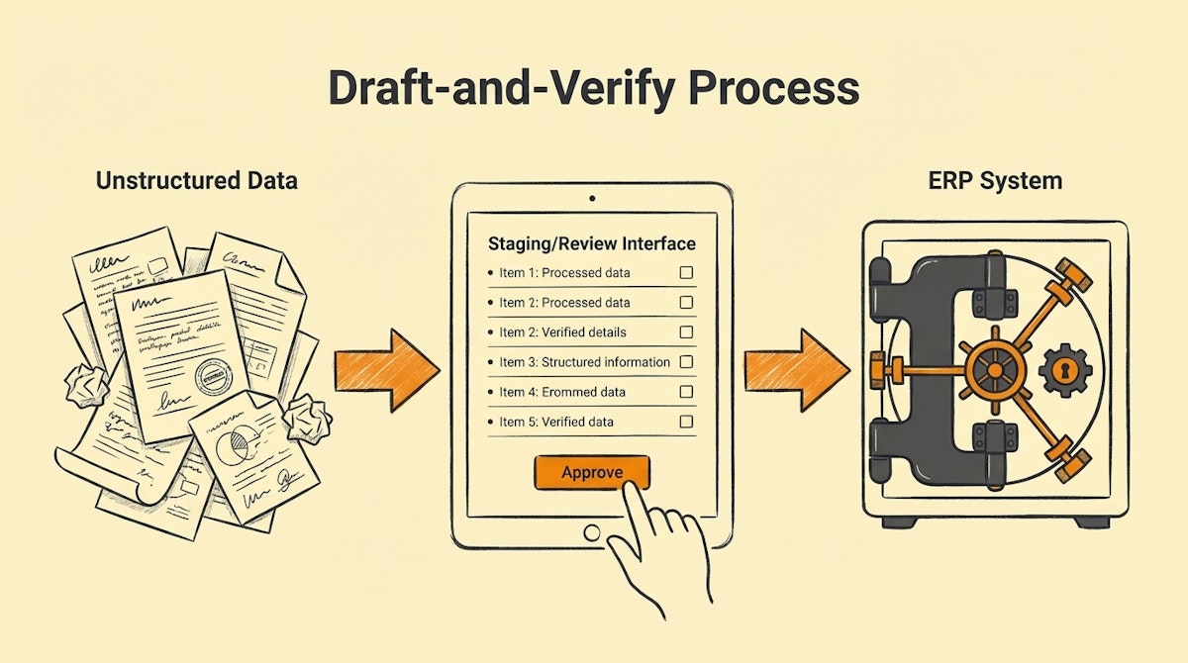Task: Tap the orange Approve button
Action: (592, 472)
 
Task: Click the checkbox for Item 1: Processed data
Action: (686, 272)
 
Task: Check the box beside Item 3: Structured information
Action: (686, 362)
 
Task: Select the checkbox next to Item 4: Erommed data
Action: (686, 392)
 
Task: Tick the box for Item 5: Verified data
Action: (686, 422)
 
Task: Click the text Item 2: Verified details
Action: (562, 332)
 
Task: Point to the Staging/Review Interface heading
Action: (592, 243)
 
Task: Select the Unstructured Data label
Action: (196, 181)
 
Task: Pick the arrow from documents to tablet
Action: (386, 369)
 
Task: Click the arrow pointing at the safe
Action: (796, 369)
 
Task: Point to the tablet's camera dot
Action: (592, 197)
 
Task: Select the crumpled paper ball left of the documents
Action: (84, 384)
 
